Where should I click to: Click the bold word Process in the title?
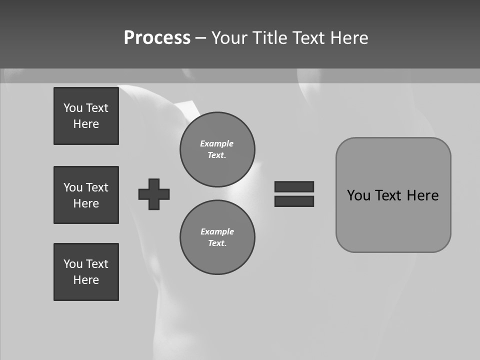click(157, 38)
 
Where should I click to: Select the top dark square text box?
click(86, 116)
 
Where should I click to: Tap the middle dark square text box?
click(86, 195)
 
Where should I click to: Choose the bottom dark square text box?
click(86, 272)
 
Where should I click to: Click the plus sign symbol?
click(154, 194)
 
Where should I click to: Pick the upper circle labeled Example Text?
click(217, 149)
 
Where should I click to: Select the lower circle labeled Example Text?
click(217, 237)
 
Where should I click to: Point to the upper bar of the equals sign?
click(294, 186)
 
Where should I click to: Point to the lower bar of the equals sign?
click(294, 201)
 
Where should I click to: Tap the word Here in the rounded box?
click(422, 195)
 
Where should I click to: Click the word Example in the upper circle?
click(217, 143)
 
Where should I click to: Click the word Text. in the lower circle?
click(217, 243)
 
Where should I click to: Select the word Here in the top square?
click(86, 124)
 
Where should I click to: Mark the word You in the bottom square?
click(73, 264)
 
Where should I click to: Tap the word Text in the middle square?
click(97, 187)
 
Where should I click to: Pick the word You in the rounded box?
click(358, 195)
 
